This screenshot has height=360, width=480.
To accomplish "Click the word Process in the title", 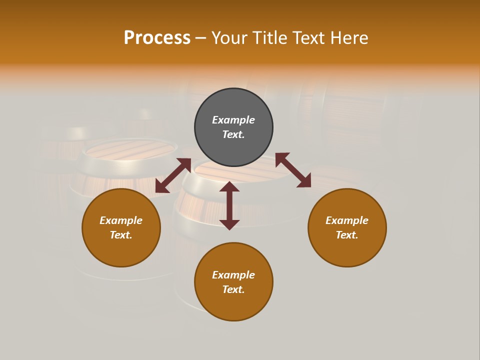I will click(157, 38).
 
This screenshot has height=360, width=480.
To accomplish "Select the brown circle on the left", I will click(121, 250).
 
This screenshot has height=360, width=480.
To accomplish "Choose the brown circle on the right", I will click(347, 250).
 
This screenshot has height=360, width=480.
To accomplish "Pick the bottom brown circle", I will click(233, 305).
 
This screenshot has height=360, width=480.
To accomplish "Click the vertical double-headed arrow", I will click(229, 205).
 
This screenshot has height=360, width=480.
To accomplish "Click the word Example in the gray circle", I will click(233, 120).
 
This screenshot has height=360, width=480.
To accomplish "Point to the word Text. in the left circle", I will click(121, 235).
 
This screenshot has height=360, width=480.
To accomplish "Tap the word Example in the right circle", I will click(347, 220).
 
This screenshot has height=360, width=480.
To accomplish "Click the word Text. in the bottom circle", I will click(233, 289).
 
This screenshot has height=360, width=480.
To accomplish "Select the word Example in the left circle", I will click(121, 220).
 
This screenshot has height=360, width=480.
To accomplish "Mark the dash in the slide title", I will click(201, 38).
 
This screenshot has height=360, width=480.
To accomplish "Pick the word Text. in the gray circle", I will click(233, 134).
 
